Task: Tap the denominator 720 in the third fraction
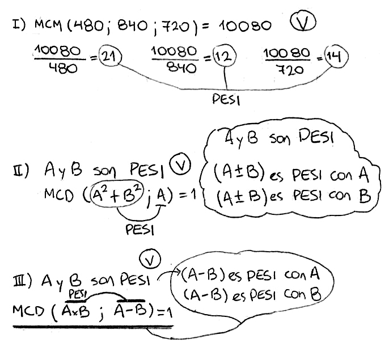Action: click(x=286, y=70)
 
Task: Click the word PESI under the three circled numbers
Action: click(x=224, y=99)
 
